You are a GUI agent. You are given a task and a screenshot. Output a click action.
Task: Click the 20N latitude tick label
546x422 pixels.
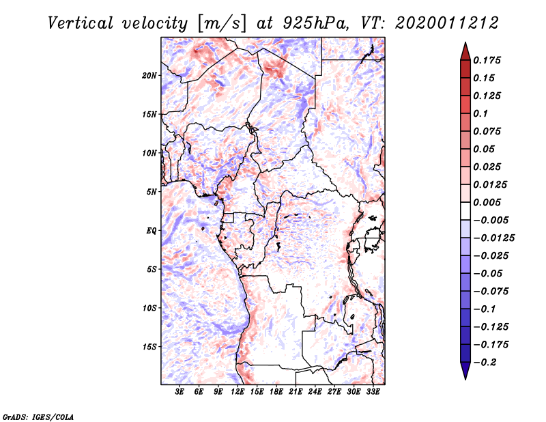(149, 75)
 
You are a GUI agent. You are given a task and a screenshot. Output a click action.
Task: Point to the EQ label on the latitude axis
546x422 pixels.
(151, 231)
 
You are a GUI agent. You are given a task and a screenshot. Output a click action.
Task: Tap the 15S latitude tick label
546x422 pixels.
(149, 347)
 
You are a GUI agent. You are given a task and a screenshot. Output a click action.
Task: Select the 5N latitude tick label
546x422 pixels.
(151, 192)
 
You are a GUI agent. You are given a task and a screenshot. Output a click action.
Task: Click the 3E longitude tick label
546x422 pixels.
(180, 392)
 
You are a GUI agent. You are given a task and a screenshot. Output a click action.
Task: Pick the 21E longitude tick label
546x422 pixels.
(296, 392)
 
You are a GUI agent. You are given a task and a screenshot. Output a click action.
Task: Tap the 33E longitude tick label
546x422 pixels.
(373, 392)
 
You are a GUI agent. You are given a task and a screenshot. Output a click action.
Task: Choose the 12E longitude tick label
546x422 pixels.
(238, 392)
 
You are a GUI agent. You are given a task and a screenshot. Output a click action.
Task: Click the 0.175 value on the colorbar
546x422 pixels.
(488, 60)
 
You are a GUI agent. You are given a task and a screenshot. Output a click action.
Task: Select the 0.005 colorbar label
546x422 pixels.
(488, 202)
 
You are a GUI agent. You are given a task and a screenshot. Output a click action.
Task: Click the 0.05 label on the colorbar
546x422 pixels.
(485, 149)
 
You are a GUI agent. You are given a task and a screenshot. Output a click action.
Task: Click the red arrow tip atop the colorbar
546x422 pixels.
(465, 50)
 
